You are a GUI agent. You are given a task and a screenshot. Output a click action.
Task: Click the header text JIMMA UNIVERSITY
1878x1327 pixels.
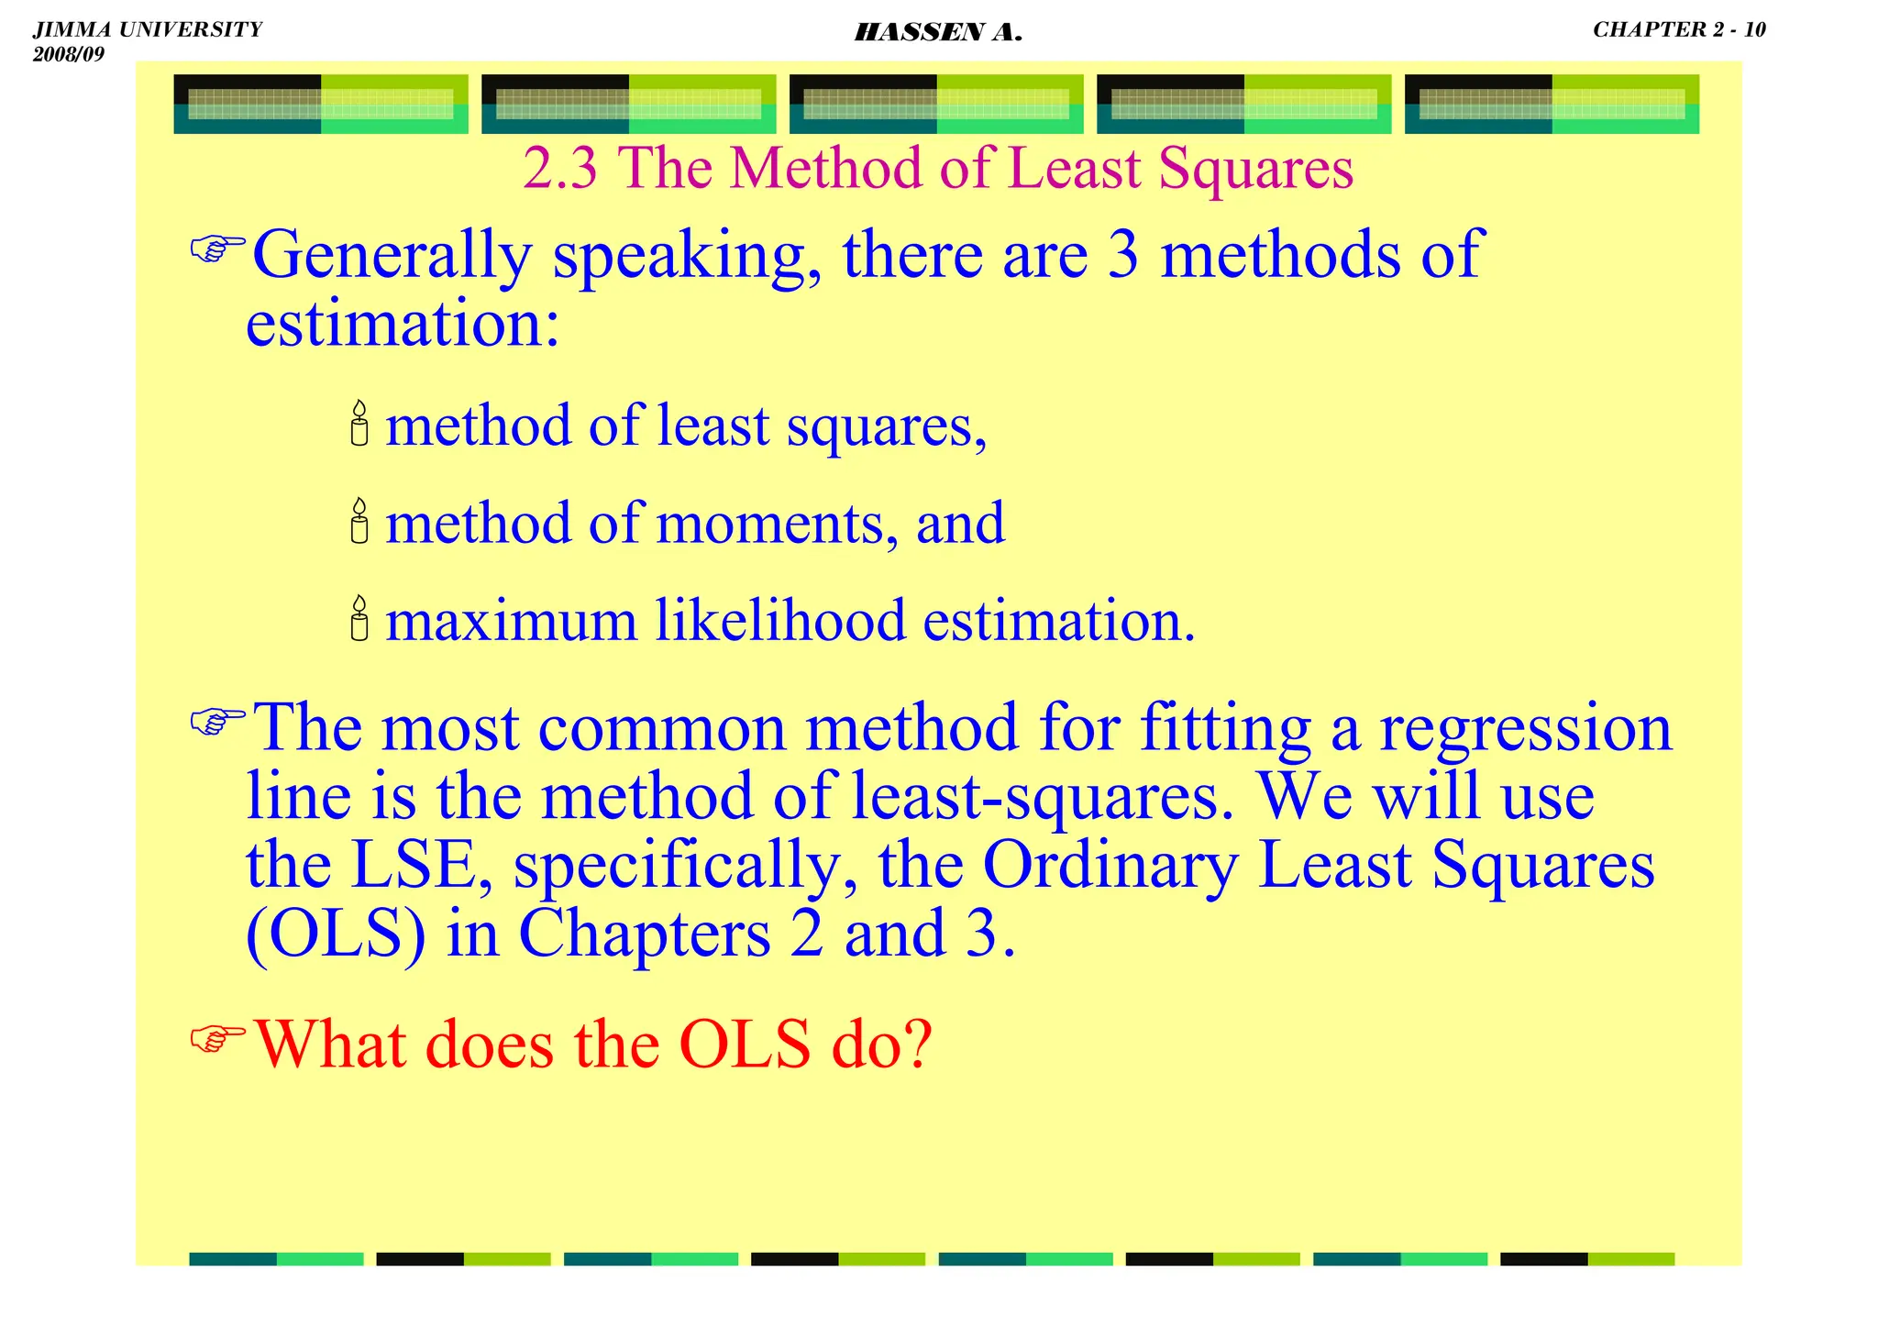tap(148, 29)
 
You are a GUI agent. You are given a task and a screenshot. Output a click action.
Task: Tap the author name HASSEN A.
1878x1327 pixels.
tap(937, 34)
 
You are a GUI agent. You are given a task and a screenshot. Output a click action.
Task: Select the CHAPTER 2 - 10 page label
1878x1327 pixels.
tap(1678, 29)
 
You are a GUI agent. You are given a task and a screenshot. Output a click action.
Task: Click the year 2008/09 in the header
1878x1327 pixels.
tap(69, 54)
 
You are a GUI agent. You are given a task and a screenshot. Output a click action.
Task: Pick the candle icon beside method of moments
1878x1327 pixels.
tap(359, 521)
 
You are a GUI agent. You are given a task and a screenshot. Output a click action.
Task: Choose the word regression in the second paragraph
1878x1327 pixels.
tap(1526, 728)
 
